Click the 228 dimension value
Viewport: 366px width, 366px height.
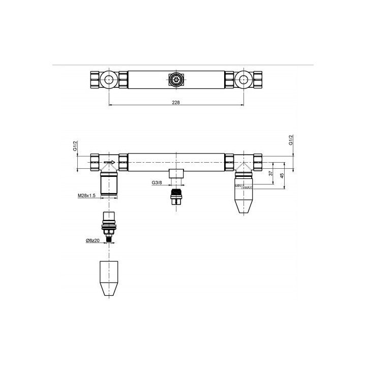pos(176,102)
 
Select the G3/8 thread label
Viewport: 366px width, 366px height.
pos(158,182)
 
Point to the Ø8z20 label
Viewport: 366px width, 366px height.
pos(94,240)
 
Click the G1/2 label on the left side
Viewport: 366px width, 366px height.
pos(75,147)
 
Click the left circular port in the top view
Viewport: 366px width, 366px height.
pos(109,79)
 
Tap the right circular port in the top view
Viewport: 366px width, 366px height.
pos(244,79)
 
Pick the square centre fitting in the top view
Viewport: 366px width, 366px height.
pos(176,79)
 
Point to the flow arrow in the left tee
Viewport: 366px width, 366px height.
pos(107,163)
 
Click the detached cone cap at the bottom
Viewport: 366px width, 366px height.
pos(109,279)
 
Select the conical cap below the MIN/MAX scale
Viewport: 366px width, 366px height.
pos(244,202)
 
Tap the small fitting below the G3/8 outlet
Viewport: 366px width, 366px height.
pos(176,196)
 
